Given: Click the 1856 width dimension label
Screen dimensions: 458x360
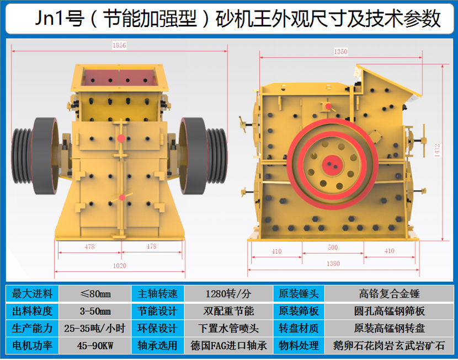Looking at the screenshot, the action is [x=119, y=45].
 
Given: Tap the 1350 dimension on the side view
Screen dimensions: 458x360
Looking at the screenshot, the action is [x=340, y=52].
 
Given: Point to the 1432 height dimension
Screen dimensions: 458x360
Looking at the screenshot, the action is [x=437, y=151].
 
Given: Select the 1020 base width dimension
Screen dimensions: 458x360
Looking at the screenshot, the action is [x=120, y=266].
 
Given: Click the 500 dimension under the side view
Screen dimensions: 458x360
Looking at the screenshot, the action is [x=333, y=248].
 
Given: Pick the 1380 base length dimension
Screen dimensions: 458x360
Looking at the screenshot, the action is [x=333, y=264].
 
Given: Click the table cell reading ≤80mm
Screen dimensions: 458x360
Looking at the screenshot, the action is [x=95, y=294].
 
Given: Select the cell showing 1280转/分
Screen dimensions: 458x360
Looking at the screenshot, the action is [x=228, y=294].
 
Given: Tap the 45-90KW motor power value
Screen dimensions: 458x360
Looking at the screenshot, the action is [x=95, y=346].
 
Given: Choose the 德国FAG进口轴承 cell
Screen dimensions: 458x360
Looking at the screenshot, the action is [x=228, y=346].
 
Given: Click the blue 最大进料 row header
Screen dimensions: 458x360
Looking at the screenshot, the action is [x=32, y=294].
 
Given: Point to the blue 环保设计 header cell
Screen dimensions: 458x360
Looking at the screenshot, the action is [x=158, y=329].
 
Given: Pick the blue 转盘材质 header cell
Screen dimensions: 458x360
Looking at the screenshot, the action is [x=299, y=329].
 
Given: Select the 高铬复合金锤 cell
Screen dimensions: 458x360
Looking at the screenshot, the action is [x=389, y=294].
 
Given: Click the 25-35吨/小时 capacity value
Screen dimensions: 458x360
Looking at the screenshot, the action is [x=95, y=329].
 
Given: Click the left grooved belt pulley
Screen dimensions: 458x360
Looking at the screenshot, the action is [x=22, y=156].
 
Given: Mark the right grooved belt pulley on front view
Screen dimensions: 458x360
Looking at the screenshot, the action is [x=217, y=156].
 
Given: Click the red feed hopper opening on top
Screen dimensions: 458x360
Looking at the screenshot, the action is [x=119, y=77].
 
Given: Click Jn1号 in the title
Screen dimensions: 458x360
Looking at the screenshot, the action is [x=60, y=18].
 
